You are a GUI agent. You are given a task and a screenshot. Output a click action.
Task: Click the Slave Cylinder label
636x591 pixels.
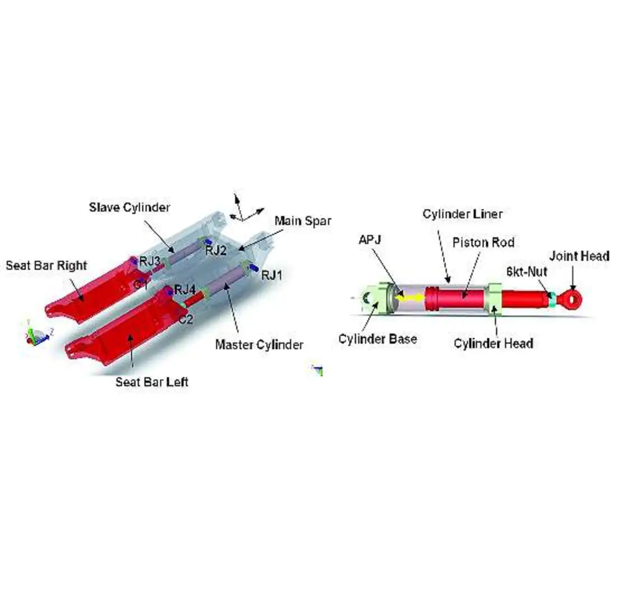pyautogui.click(x=129, y=208)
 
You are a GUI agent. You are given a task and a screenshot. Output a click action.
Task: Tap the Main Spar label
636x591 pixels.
pyautogui.click(x=303, y=221)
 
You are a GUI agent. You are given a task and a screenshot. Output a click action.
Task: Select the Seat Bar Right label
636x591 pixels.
pyautogui.click(x=46, y=265)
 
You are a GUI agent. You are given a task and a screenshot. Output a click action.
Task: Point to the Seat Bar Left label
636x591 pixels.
pyautogui.click(x=152, y=382)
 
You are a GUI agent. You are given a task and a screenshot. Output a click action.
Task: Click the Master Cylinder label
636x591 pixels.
pyautogui.click(x=259, y=345)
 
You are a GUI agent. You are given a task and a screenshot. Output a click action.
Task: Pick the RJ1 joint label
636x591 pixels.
pyautogui.click(x=272, y=275)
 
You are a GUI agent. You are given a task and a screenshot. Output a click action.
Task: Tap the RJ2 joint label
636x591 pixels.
pyautogui.click(x=216, y=250)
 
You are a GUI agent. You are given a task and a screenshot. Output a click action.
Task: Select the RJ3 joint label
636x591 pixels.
pyautogui.click(x=150, y=261)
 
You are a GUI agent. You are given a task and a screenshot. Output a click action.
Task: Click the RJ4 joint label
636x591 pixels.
pyautogui.click(x=185, y=290)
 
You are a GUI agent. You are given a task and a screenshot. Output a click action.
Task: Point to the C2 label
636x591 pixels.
pyautogui.click(x=186, y=319)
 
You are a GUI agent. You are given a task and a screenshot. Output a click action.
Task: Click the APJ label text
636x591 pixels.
pyautogui.click(x=370, y=240)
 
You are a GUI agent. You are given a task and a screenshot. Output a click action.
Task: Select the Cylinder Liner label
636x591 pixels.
pyautogui.click(x=463, y=214)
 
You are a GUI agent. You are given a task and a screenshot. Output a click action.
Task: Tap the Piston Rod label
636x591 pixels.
pyautogui.click(x=483, y=243)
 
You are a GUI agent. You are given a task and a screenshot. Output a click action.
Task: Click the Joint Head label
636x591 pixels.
pyautogui.click(x=579, y=256)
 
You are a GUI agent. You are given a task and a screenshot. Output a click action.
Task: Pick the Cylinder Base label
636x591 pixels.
pyautogui.click(x=378, y=339)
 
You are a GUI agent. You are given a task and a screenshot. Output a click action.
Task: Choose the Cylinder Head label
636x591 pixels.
pyautogui.click(x=493, y=344)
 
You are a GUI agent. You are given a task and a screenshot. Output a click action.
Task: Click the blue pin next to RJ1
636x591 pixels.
pyautogui.click(x=254, y=268)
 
